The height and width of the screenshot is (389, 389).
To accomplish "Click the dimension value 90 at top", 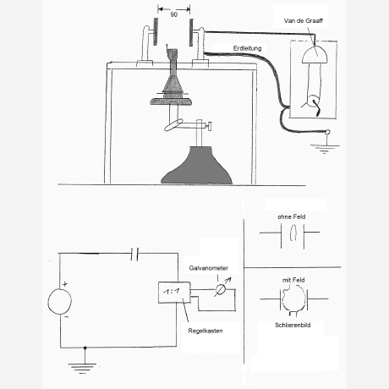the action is click(x=174, y=14).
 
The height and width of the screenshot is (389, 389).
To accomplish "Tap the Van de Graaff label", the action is click(x=304, y=20).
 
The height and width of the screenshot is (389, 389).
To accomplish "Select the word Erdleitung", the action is click(x=247, y=48).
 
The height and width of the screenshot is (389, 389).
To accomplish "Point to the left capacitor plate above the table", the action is click(x=156, y=31).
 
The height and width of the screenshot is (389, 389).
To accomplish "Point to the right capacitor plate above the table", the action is click(x=191, y=32).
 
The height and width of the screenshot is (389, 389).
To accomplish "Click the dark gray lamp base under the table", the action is click(x=197, y=166).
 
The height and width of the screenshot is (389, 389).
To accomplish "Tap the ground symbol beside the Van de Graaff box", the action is click(x=325, y=148).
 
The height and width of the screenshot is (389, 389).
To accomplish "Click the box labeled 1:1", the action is click(x=174, y=293).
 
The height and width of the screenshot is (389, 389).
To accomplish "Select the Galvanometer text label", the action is click(x=209, y=268).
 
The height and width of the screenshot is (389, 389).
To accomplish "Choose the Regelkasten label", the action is click(x=205, y=331).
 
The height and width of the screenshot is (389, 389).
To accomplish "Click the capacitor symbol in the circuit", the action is click(x=134, y=255).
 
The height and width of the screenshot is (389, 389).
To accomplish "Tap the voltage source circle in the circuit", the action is click(x=60, y=301).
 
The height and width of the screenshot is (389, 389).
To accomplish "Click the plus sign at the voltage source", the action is click(x=65, y=284).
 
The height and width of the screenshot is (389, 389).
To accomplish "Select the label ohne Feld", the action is click(x=292, y=216).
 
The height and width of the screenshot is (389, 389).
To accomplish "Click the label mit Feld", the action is click(x=293, y=280).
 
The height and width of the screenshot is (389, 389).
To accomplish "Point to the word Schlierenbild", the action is click(x=293, y=325).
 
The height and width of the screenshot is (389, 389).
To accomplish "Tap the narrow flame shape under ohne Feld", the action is click(x=293, y=233).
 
